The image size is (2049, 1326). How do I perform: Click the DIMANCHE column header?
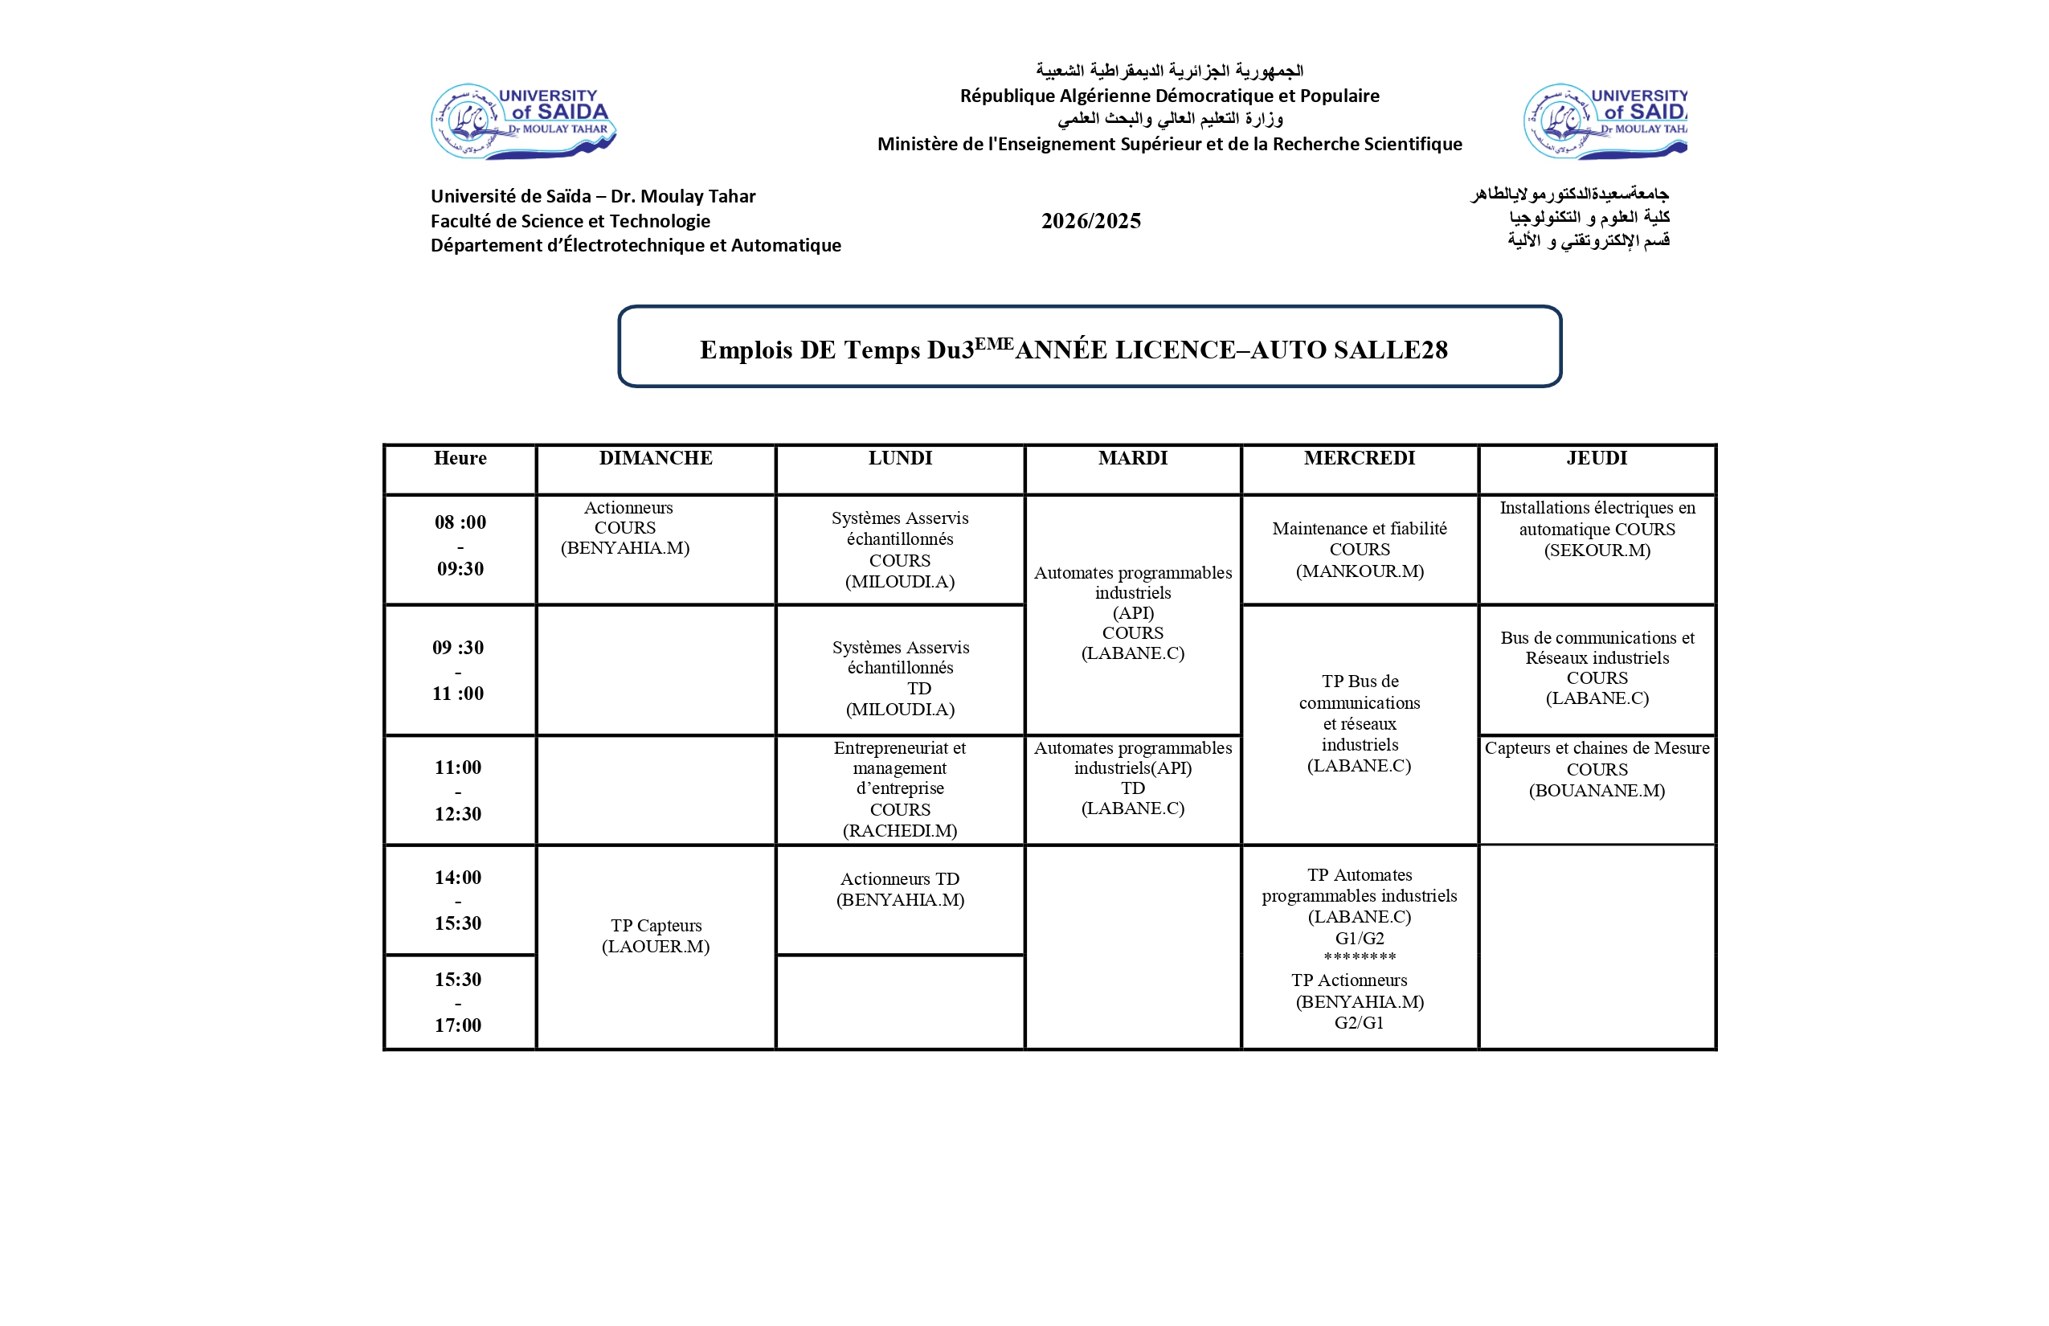655,458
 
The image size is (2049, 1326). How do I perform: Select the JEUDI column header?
1596,458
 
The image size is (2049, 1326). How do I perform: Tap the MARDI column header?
1132,458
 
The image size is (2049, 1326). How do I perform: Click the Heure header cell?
460,458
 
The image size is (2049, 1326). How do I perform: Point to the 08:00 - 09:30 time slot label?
460,545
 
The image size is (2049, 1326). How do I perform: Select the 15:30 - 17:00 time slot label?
458,1002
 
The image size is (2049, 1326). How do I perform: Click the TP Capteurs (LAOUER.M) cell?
655,936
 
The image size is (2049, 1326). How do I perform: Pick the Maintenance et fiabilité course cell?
1360,550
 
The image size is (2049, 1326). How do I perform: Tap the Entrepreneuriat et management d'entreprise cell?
900,788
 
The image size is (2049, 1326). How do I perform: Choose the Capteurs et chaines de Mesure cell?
1596,769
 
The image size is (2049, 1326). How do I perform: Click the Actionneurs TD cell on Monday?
900,890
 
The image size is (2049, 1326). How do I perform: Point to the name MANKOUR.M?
1360,571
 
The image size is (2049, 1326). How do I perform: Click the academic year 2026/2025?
1091,221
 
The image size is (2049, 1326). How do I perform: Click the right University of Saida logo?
1605,121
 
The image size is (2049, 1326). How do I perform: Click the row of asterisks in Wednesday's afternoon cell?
1360,957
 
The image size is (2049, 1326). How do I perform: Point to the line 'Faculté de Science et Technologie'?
570,221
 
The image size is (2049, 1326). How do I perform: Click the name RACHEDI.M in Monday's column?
900,831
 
